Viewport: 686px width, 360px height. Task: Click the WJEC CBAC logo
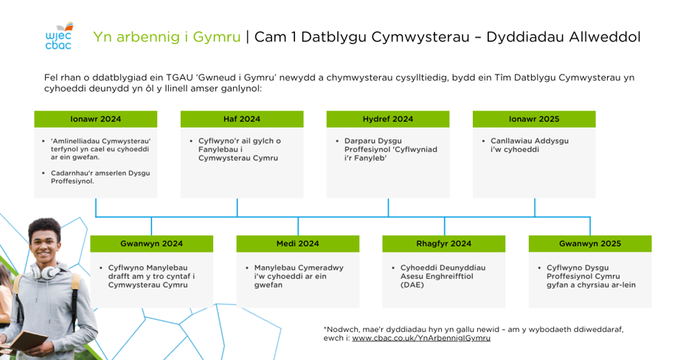tap(59, 36)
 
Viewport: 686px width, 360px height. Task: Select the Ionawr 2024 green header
tap(96, 119)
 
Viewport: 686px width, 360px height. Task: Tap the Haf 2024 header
tap(242, 119)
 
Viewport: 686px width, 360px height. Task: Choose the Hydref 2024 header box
tap(388, 119)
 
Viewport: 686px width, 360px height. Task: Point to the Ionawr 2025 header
tap(534, 119)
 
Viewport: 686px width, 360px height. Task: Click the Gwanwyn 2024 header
tap(152, 243)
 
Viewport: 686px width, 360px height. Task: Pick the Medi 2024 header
tap(298, 243)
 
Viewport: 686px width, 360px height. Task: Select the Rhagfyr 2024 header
tap(444, 243)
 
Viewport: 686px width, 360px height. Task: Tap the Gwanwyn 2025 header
tap(590, 243)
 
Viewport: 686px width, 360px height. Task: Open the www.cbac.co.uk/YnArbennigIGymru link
tap(421, 338)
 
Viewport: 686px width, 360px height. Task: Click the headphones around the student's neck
tap(46, 271)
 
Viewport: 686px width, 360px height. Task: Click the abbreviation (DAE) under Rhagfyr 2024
tap(412, 285)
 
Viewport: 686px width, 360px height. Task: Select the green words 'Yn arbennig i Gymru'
tap(167, 37)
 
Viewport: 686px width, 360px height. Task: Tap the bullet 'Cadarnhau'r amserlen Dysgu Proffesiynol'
tap(100, 177)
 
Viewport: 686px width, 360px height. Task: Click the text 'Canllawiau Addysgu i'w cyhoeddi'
tap(530, 145)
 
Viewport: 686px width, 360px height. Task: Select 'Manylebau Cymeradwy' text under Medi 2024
tap(299, 268)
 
